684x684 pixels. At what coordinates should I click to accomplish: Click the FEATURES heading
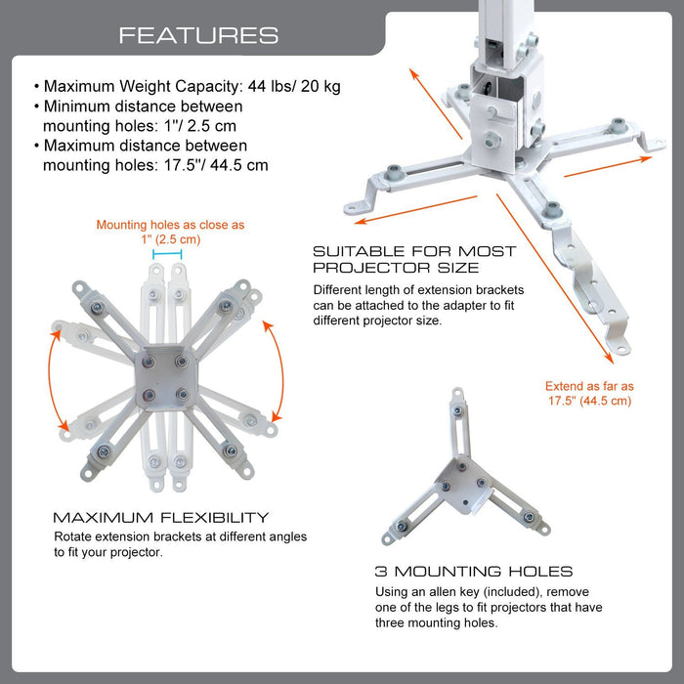198,36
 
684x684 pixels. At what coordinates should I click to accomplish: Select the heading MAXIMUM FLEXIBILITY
160,518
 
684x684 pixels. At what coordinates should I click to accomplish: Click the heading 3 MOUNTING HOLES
474,571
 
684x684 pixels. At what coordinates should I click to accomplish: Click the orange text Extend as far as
589,386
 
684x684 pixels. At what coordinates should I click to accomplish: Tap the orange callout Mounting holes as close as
170,225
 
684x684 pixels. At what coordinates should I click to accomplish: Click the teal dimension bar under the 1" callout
168,254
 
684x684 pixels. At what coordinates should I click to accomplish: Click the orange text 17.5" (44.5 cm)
588,401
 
